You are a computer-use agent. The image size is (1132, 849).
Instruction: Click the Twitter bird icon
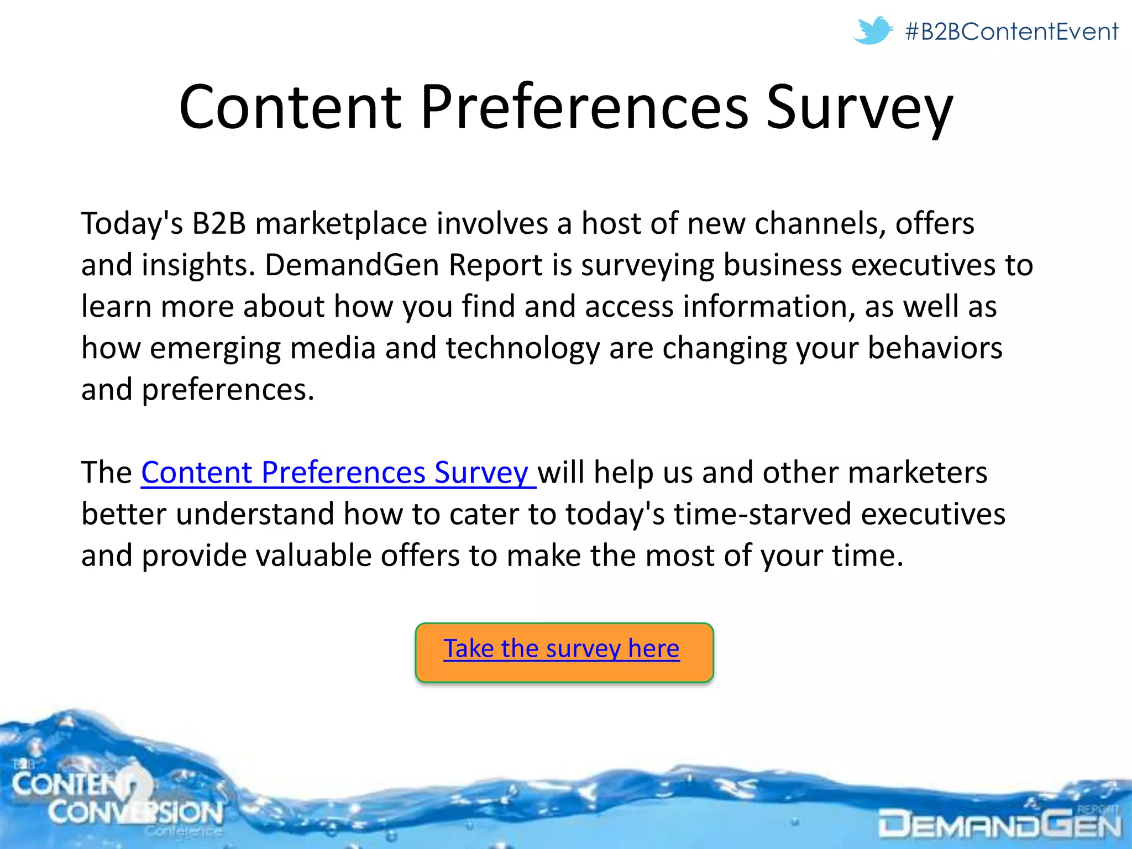tap(872, 30)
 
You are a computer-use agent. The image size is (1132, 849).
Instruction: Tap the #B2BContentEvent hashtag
tap(1012, 32)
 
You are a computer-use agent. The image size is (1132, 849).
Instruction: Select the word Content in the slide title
tap(290, 107)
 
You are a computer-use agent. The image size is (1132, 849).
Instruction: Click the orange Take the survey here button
tap(564, 652)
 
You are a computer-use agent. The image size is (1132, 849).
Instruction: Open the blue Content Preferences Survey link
tap(338, 473)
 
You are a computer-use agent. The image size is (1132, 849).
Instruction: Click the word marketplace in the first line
tap(341, 224)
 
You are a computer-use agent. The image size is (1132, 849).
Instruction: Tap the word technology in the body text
tap(522, 349)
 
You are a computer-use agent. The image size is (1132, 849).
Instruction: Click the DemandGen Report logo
tap(999, 825)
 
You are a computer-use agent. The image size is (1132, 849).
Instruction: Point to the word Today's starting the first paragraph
tap(132, 224)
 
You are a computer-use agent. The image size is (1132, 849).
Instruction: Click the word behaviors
tap(935, 348)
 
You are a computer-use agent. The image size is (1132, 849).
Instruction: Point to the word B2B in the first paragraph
tap(219, 224)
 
